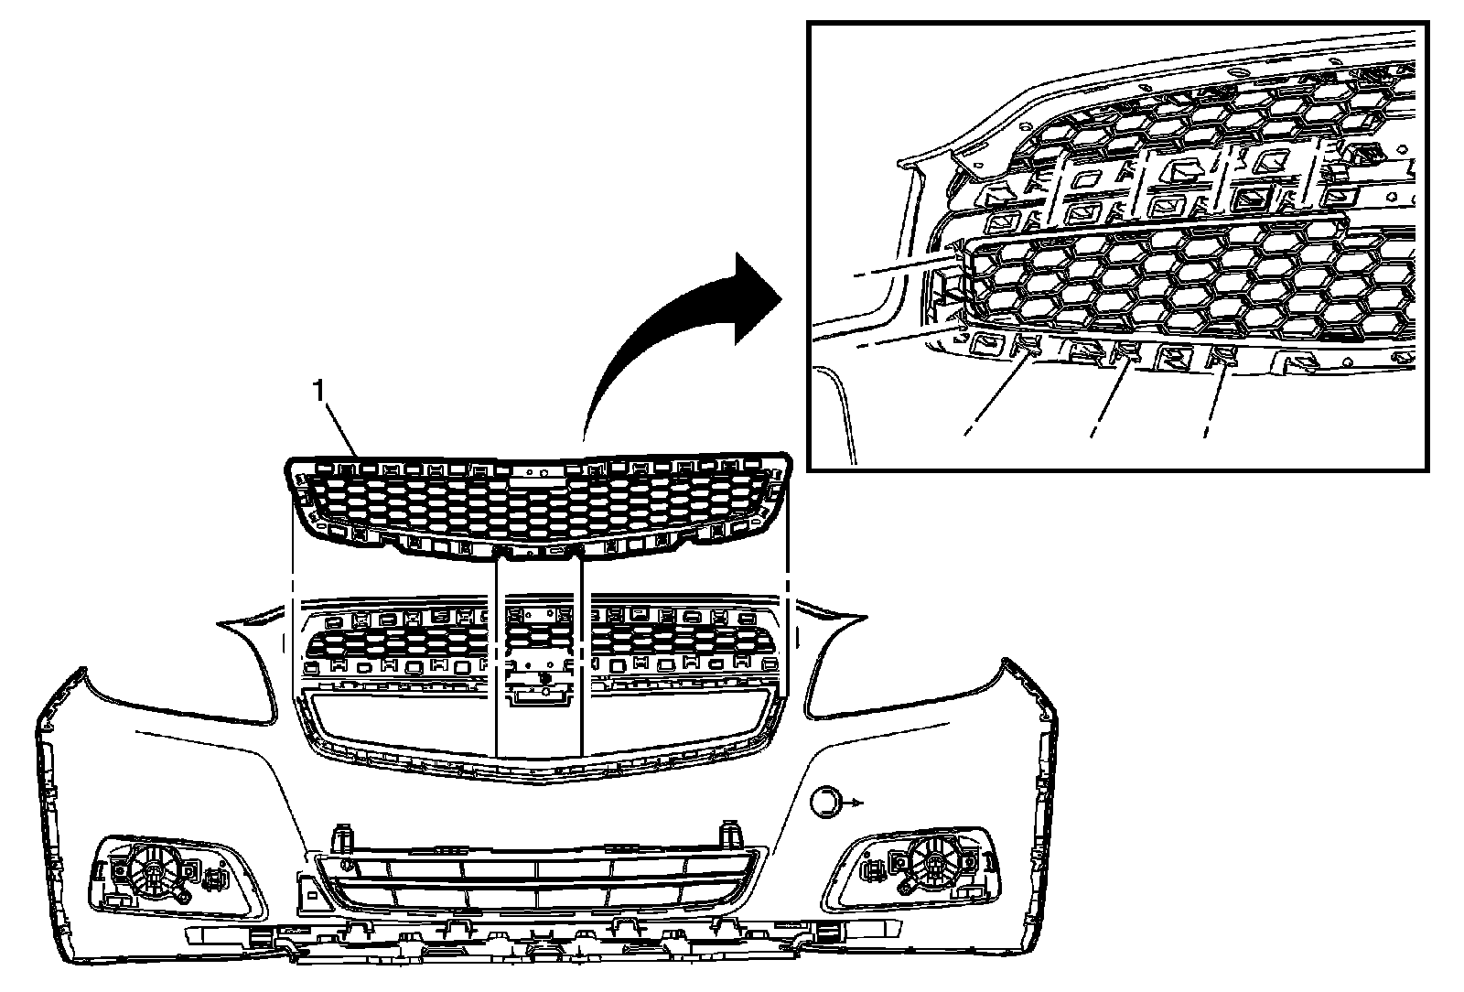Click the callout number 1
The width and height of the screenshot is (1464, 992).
pos(318,391)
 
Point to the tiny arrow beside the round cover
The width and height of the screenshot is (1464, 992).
pos(855,802)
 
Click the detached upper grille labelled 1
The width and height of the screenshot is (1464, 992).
pos(536,503)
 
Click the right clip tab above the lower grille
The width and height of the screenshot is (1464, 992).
pos(731,836)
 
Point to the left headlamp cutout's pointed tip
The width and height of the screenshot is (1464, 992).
pos(221,624)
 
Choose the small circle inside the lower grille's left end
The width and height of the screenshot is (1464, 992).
pos(347,865)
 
